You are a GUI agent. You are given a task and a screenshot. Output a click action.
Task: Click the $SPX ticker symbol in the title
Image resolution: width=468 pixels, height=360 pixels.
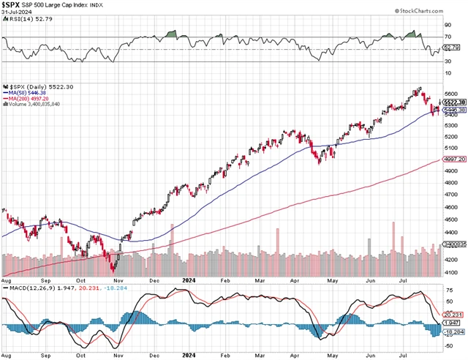tap(15, 7)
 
